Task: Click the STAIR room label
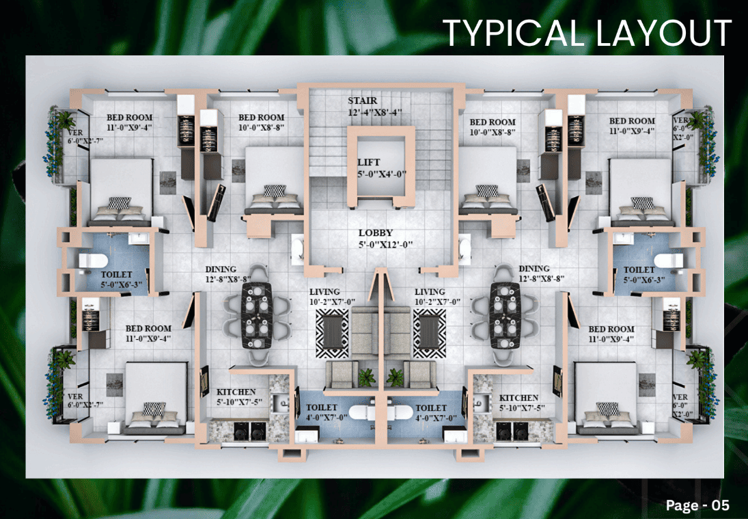[x=362, y=101]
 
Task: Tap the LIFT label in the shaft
[x=369, y=162]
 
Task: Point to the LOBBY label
[x=376, y=233]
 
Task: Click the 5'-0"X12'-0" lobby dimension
[x=385, y=245]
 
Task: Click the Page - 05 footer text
[x=697, y=505]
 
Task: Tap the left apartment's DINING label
[x=221, y=269]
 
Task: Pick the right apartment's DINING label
[x=534, y=268]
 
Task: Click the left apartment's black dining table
[x=257, y=315]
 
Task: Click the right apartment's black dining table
[x=505, y=315]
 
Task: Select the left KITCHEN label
[x=236, y=392]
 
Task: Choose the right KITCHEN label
[x=518, y=398]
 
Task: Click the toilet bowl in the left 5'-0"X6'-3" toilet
[x=93, y=261]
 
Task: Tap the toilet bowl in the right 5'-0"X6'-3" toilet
[x=668, y=261]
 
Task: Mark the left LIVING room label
[x=324, y=292]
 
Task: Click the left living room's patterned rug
[x=331, y=333]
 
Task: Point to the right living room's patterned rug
[x=430, y=333]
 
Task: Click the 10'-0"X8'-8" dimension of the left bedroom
[x=262, y=127]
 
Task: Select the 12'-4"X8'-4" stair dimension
[x=375, y=113]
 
